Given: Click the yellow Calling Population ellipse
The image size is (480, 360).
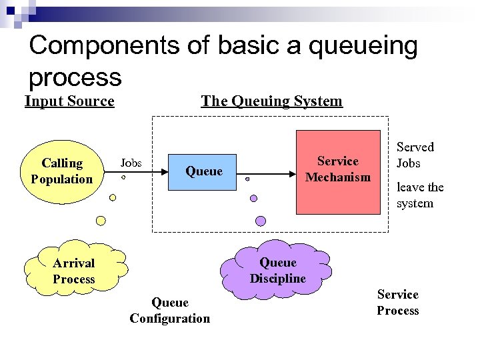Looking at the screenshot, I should [62, 171].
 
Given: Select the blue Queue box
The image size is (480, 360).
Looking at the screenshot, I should [203, 171].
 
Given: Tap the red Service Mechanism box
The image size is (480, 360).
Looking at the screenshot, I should [338, 171].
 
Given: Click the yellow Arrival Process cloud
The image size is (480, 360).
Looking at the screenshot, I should [74, 271].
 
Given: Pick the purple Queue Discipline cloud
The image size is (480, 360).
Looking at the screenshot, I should [278, 270].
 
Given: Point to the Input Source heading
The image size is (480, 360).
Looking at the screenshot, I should [69, 101].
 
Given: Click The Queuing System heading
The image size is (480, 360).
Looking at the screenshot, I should [271, 101].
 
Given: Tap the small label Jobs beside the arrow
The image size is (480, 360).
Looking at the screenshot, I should [131, 163].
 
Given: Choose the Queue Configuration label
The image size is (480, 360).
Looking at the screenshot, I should [169, 311].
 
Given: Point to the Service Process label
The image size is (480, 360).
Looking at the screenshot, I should [398, 303].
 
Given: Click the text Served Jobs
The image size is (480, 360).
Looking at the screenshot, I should [415, 155].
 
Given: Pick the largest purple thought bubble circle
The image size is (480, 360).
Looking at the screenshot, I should [261, 221].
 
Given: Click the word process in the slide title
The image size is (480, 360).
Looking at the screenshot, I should [75, 78].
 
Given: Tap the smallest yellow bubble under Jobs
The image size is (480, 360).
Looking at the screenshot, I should [123, 179].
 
